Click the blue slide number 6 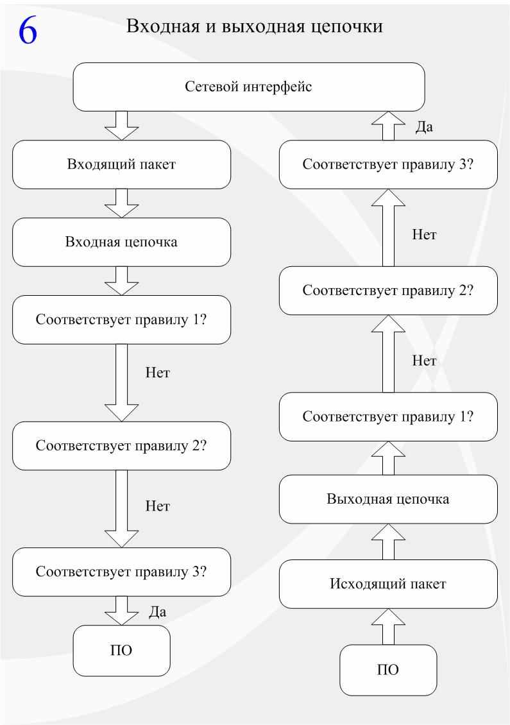click(x=28, y=31)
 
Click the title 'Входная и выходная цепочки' click(x=254, y=26)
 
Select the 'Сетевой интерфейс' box click(x=249, y=87)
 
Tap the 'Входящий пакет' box click(x=122, y=165)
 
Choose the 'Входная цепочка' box click(x=122, y=243)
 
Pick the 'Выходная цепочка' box click(x=388, y=499)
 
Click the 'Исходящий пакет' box click(x=388, y=584)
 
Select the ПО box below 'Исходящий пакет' click(x=388, y=670)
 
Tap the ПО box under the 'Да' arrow click(x=122, y=651)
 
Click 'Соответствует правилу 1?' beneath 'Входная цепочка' click(x=122, y=320)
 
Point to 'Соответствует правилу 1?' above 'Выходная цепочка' click(x=388, y=416)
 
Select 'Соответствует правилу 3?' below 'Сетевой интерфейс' click(x=388, y=165)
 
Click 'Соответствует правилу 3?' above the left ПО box click(x=122, y=572)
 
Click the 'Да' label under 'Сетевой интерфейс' click(x=424, y=126)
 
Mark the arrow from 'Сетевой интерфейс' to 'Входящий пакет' click(x=122, y=126)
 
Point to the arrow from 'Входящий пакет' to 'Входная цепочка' click(x=122, y=203)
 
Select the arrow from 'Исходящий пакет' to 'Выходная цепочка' click(x=388, y=542)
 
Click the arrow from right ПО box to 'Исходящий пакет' click(x=388, y=626)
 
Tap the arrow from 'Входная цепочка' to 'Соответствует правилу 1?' click(x=122, y=281)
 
